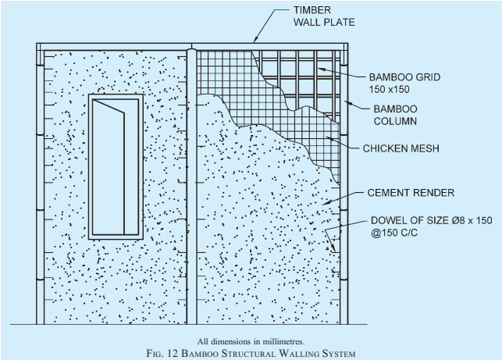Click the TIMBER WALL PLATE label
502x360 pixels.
[324, 16]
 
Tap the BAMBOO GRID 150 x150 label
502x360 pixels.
[404, 83]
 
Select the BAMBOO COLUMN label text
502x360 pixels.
[395, 115]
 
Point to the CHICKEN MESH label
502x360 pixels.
[401, 148]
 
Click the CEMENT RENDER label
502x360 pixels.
[411, 193]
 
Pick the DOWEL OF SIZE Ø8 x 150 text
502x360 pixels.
[431, 220]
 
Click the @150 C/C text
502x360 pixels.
[394, 233]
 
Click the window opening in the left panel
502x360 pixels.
[116, 167]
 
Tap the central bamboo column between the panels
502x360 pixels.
[191, 187]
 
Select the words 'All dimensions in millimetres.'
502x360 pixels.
[251, 342]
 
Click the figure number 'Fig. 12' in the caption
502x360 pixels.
[162, 353]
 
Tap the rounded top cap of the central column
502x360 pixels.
[191, 50]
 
